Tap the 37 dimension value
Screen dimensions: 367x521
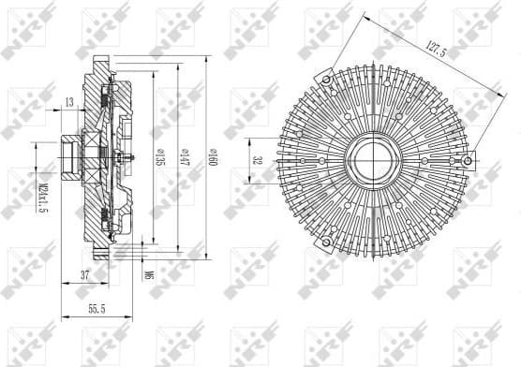[85, 274]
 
